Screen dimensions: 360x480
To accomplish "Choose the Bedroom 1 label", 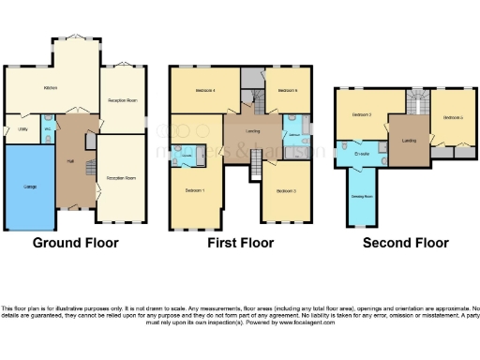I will [194, 190].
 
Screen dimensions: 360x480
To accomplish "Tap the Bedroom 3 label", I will [286, 191].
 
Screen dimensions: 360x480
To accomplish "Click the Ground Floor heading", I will [76, 243].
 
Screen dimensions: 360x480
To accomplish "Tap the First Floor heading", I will [240, 243].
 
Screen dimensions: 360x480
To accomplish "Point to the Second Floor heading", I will [406, 243].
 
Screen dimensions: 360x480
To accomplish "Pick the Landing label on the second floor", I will [409, 141].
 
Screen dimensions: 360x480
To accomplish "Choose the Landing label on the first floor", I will [251, 131].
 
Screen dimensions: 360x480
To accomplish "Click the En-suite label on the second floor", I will [361, 153].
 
